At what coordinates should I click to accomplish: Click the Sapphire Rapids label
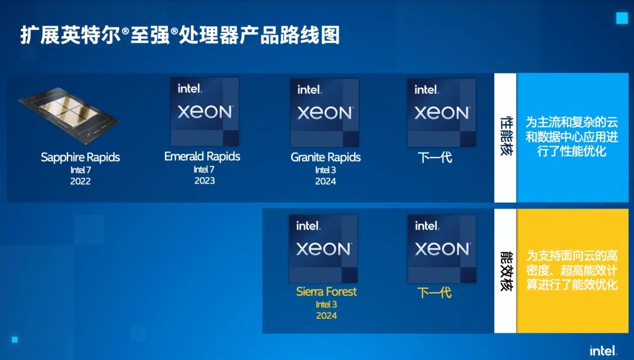click(80, 157)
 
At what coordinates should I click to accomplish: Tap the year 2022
click(80, 181)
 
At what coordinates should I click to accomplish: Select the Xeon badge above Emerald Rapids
click(204, 112)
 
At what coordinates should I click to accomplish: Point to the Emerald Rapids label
click(202, 157)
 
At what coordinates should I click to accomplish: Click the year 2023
click(204, 181)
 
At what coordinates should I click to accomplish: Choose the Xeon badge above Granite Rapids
click(325, 113)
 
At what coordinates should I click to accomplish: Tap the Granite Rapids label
click(326, 157)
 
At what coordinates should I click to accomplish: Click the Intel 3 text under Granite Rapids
click(326, 170)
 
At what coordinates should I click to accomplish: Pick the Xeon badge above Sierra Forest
click(323, 249)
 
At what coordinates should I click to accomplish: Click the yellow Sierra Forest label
click(326, 292)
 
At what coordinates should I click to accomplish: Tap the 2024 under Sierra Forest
click(326, 316)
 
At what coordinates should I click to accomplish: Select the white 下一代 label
click(435, 157)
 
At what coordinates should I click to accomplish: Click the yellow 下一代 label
click(434, 292)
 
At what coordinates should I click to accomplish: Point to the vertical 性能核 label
click(505, 137)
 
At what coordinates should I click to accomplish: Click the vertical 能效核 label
click(505, 271)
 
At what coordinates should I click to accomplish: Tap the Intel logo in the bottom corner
click(603, 351)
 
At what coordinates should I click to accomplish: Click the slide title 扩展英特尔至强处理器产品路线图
click(180, 35)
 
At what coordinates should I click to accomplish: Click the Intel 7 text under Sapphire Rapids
click(80, 170)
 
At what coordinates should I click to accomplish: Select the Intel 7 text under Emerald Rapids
click(204, 169)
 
